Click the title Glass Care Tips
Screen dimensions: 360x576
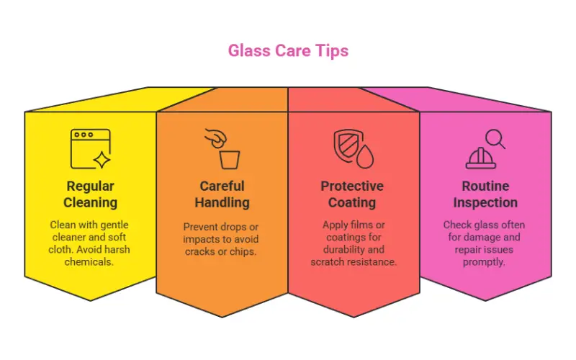click(288, 51)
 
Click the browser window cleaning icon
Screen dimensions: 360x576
click(91, 148)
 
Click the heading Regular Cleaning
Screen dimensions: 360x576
click(91, 194)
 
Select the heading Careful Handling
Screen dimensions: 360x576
click(222, 194)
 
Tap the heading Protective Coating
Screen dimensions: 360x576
click(353, 194)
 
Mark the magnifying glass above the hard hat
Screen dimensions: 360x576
click(495, 138)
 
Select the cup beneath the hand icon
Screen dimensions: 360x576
click(229, 158)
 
